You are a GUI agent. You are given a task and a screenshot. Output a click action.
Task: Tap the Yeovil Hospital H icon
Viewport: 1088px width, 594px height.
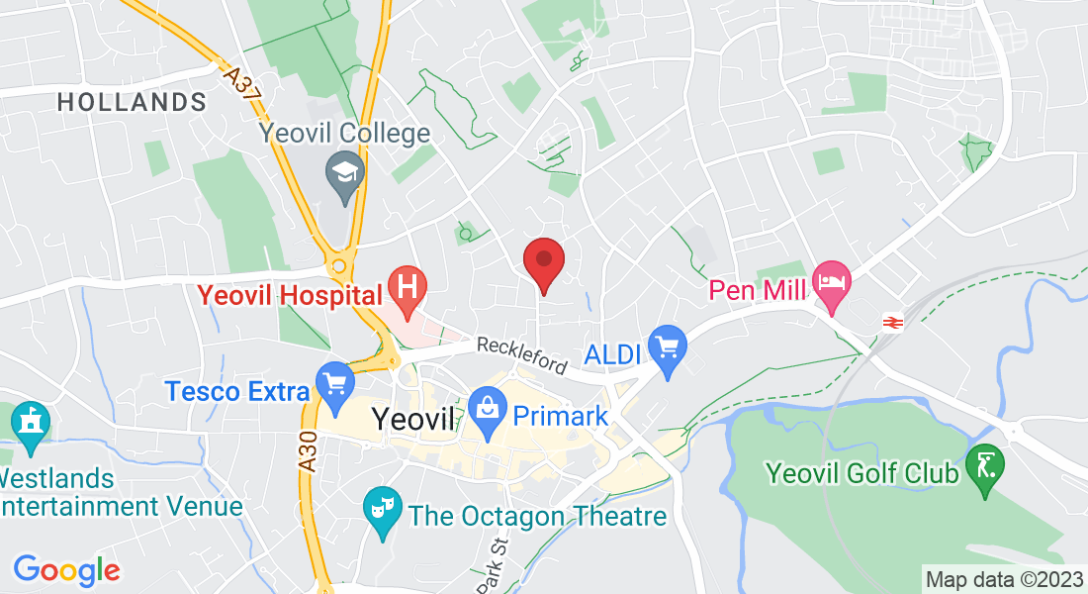coord(407,287)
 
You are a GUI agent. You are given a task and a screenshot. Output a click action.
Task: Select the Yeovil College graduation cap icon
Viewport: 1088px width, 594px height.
coord(345,175)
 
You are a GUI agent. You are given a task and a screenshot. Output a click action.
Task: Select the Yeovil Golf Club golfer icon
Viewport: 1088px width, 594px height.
coord(986,465)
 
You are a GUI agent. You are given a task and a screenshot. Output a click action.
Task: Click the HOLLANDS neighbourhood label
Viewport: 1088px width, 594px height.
coord(132,102)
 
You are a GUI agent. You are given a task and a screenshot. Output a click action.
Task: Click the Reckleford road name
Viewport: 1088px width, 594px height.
coord(521,355)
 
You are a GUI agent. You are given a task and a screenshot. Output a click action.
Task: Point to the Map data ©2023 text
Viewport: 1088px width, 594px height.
coord(1004,579)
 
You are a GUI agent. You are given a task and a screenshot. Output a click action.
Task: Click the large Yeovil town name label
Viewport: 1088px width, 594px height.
coord(413,419)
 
